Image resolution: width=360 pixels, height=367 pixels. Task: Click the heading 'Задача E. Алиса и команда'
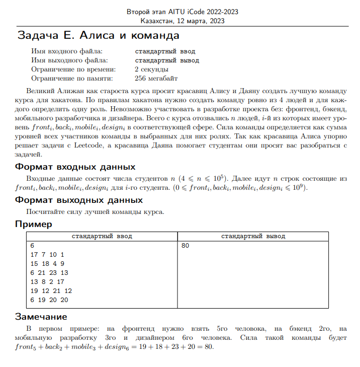(x=99, y=36)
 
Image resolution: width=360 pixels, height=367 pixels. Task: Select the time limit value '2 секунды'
(x=151, y=69)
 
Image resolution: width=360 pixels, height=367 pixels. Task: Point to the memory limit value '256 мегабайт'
(x=156, y=78)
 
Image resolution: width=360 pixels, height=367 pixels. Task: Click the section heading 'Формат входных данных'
(x=75, y=167)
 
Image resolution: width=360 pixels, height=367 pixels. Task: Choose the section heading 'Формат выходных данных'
(x=79, y=200)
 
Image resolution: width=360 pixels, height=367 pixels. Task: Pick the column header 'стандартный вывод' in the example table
(x=253, y=236)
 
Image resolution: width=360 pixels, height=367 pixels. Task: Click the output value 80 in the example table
(x=186, y=246)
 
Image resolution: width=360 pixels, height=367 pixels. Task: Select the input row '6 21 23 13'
(x=49, y=273)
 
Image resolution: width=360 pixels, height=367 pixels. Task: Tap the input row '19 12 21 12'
(x=51, y=291)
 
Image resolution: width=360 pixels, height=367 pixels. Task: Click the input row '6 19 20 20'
(x=49, y=300)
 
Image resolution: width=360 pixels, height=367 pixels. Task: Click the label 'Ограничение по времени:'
(x=73, y=69)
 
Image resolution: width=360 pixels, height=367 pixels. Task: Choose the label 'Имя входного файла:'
(x=66, y=51)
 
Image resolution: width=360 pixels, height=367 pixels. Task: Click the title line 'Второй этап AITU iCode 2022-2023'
(x=183, y=12)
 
